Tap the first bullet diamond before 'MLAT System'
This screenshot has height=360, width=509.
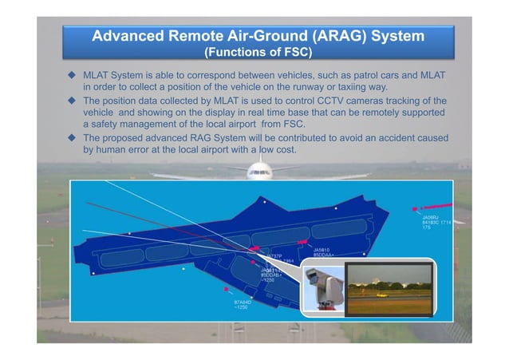click(71, 74)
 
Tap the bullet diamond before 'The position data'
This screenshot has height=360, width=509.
click(71, 101)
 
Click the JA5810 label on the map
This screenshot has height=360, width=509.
click(323, 250)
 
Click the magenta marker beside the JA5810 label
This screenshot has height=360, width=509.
click(302, 240)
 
